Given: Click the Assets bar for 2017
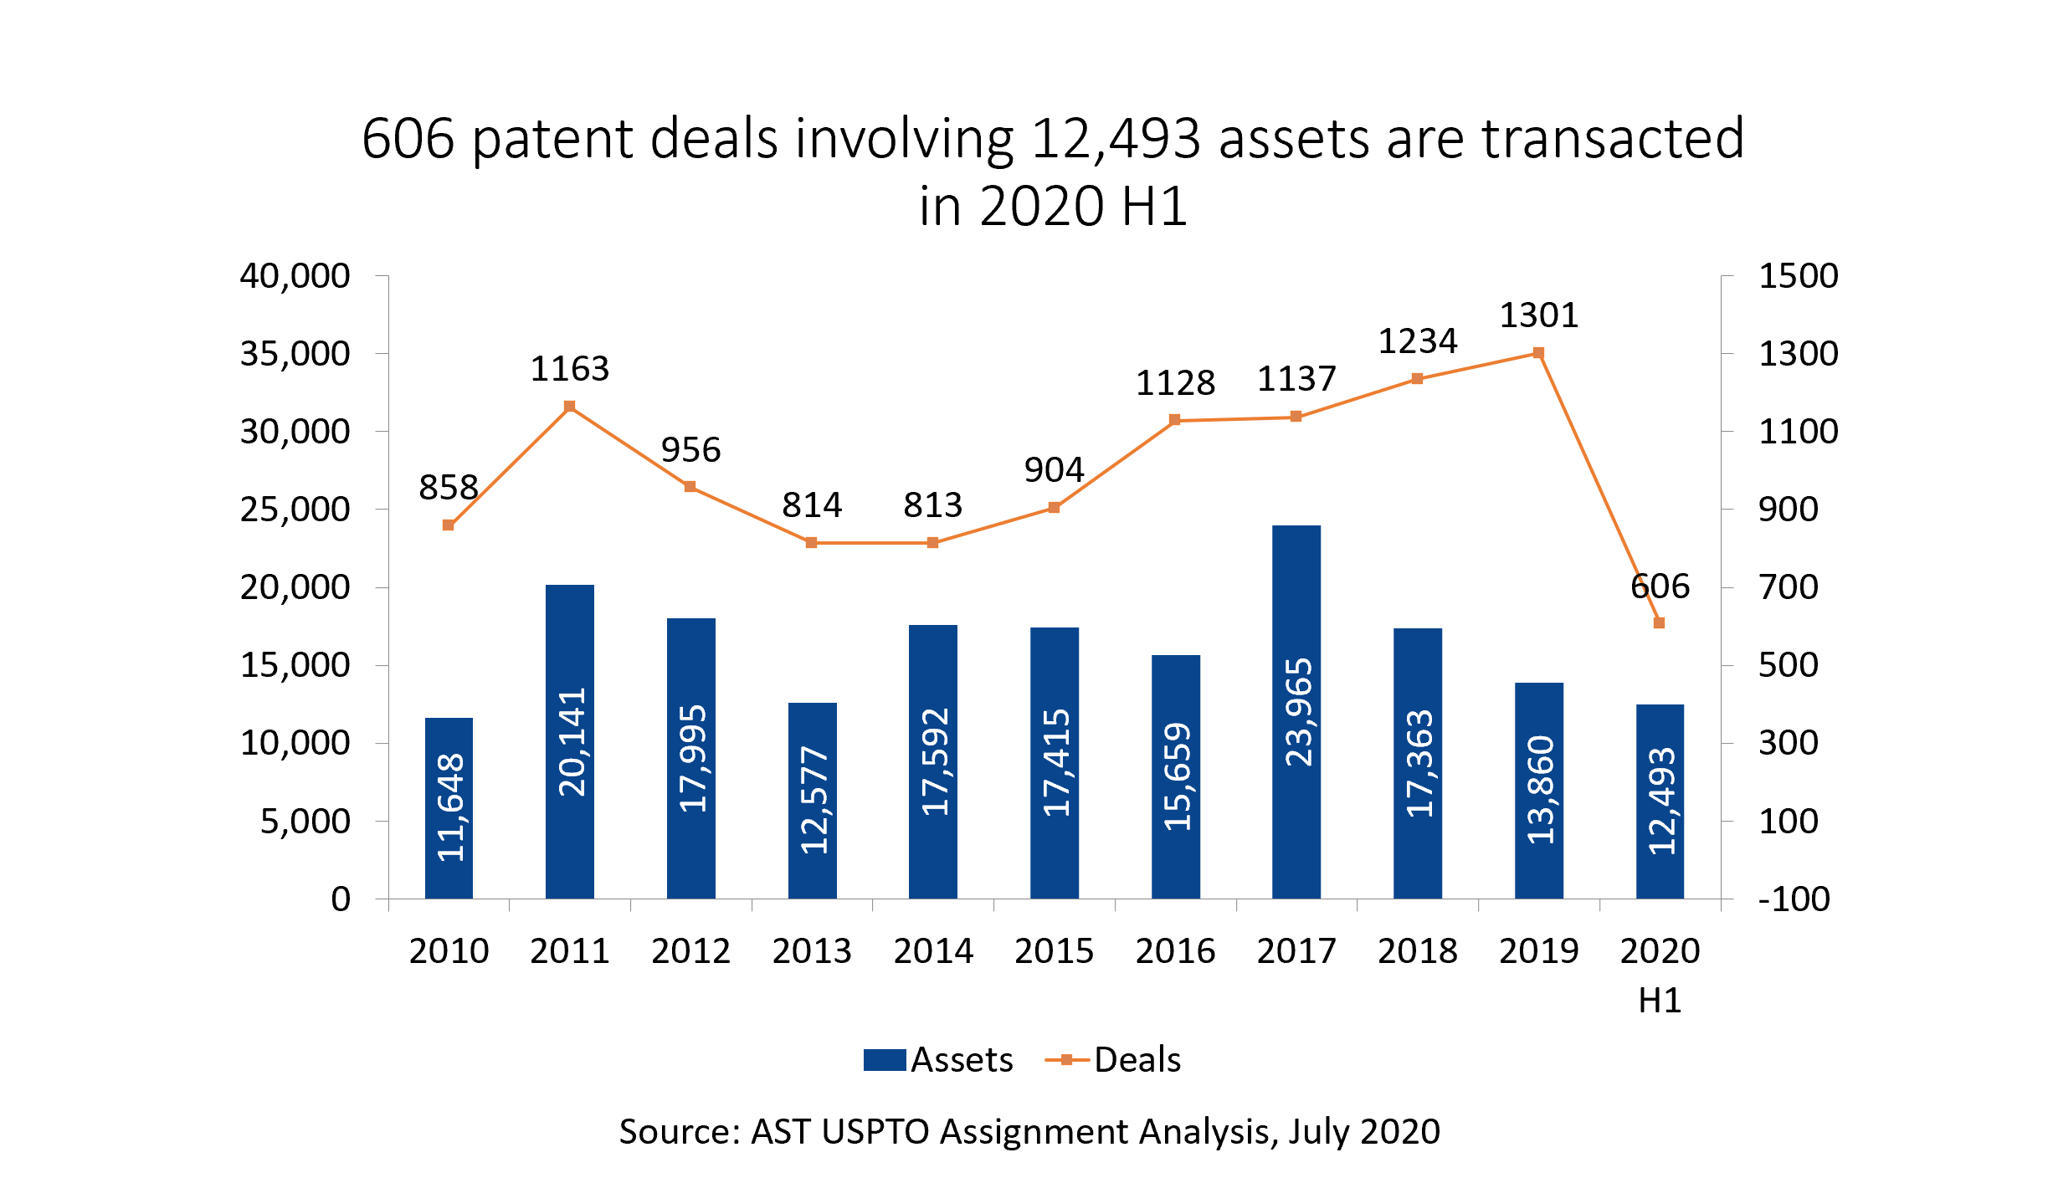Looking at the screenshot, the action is [x=1296, y=712].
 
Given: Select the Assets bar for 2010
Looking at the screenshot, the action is [x=449, y=808].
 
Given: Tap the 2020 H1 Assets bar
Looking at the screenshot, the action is [x=1660, y=802].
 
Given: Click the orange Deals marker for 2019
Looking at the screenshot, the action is [x=1538, y=353].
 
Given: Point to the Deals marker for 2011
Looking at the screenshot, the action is [x=570, y=407].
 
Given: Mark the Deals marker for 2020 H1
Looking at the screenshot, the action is [x=1660, y=623].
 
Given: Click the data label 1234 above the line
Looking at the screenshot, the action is [x=1418, y=341].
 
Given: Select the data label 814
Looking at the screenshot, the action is [x=812, y=505].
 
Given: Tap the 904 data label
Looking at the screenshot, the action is [x=1055, y=470].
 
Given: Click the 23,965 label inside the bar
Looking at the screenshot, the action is [x=1298, y=712].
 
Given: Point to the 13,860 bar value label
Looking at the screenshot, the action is [x=1540, y=790].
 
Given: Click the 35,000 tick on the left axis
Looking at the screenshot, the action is [x=295, y=354].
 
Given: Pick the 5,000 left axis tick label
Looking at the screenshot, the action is [x=305, y=822].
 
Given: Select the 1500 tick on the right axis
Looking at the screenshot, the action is [x=1799, y=276].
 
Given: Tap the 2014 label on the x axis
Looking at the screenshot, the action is [x=933, y=951].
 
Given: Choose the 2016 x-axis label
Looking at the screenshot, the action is [x=1175, y=951].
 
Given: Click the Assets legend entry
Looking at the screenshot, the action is [x=938, y=1060].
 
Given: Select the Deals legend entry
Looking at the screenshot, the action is [x=1113, y=1060].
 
